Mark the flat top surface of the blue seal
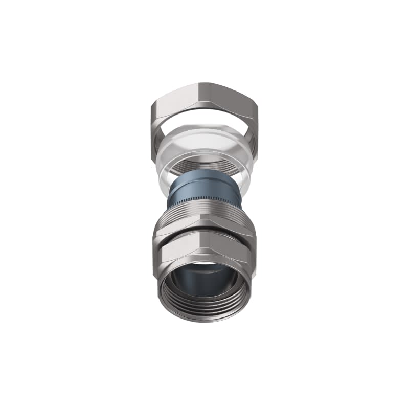[x=204, y=174]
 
